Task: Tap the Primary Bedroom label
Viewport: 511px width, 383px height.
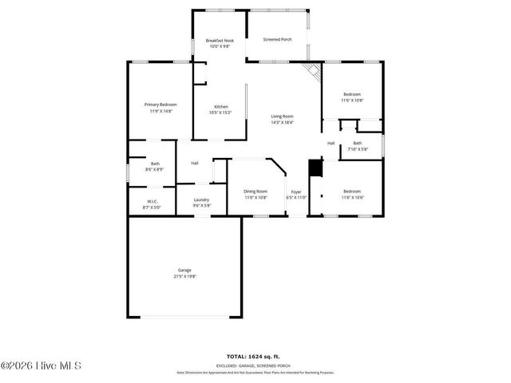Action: (160, 105)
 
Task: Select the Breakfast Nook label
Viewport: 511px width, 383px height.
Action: (220, 40)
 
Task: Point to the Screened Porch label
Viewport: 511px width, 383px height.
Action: (277, 38)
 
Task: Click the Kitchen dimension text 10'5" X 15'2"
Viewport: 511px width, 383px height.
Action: (220, 113)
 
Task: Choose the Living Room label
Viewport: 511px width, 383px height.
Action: (282, 116)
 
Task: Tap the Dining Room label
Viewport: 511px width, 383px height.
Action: (255, 191)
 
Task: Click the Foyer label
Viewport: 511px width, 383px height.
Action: (296, 191)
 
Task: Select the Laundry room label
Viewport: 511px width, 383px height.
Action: (201, 199)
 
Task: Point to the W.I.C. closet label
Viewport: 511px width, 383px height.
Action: (151, 201)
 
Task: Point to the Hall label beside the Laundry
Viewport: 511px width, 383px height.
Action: (194, 164)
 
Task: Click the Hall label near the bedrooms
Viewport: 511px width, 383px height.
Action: (331, 144)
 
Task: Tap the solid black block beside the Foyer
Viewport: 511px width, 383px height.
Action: (314, 168)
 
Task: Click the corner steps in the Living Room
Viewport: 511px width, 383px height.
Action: (312, 73)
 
